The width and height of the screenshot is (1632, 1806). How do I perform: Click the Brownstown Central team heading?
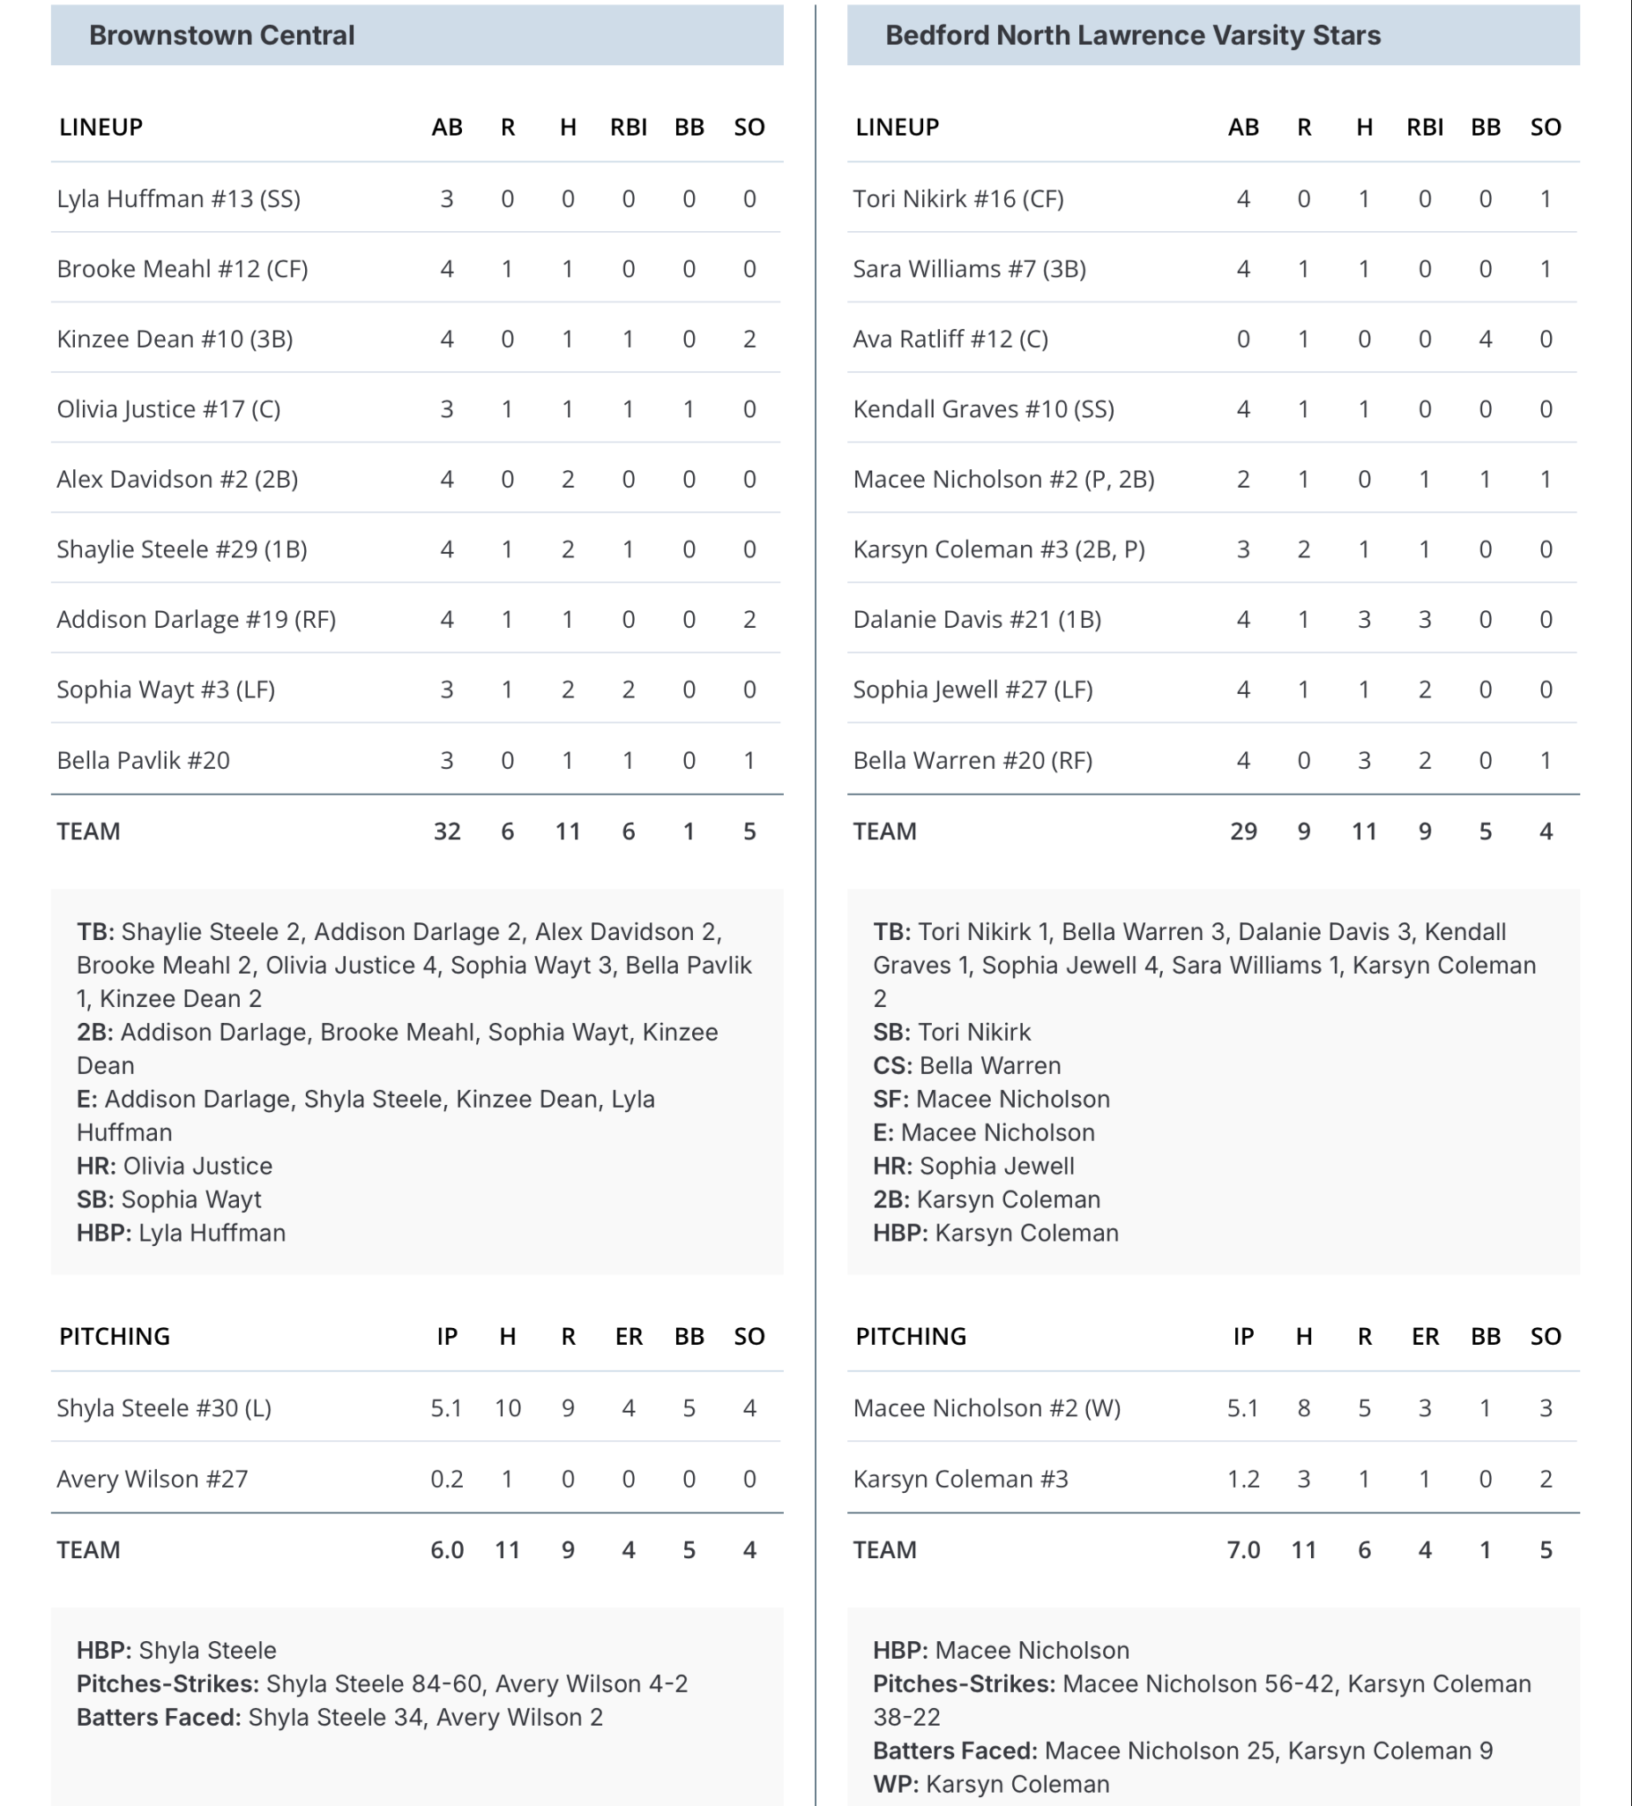(221, 35)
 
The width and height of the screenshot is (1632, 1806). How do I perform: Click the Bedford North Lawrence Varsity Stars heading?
(1132, 35)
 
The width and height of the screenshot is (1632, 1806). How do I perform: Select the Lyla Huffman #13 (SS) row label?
(178, 199)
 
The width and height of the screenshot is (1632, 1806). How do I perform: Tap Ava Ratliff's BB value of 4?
(1485, 340)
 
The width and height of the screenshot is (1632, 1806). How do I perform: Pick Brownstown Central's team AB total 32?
(447, 832)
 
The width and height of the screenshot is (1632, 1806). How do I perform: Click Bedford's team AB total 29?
(1243, 832)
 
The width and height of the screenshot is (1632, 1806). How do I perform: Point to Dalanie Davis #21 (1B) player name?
(976, 620)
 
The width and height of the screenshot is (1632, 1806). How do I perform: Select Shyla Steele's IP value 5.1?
(446, 1408)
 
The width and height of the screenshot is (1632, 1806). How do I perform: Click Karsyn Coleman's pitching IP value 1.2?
(1243, 1479)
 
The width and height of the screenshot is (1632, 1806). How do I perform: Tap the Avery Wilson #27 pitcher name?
(153, 1479)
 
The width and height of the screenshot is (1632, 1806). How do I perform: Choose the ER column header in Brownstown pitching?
(629, 1337)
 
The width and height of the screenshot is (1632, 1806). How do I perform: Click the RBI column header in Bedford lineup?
(1424, 127)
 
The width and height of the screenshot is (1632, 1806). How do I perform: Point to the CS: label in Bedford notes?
(892, 1066)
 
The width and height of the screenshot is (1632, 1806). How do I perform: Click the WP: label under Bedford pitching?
(896, 1785)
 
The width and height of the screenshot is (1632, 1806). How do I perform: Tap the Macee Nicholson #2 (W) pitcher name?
(987, 1408)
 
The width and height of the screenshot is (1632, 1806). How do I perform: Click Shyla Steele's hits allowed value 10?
(508, 1408)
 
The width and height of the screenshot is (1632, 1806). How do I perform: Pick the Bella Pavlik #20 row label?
(144, 760)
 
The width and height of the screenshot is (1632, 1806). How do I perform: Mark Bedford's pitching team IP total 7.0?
(1243, 1549)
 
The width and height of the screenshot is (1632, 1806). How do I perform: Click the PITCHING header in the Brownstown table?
(115, 1337)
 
